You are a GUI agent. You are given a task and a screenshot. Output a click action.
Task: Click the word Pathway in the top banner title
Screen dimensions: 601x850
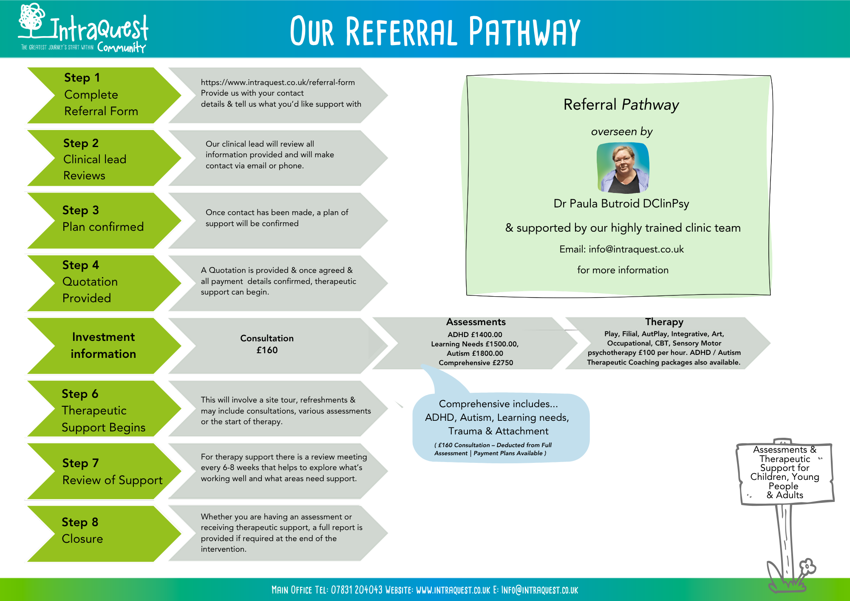pos(524,31)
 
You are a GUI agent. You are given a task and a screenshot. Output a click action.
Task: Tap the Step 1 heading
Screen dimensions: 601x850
pos(82,78)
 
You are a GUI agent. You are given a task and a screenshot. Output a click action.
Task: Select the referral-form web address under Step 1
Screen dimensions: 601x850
pos(278,82)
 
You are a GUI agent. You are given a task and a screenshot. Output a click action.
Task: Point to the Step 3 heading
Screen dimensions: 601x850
pos(80,210)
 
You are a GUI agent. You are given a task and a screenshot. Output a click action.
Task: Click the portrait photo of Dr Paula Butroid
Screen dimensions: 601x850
pos(623,168)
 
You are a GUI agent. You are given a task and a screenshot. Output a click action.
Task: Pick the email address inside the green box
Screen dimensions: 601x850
pos(636,249)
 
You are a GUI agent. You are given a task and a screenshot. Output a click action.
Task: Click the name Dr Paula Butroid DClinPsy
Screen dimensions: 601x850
pos(621,204)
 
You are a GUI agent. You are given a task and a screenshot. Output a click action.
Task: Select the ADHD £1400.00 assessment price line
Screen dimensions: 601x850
pos(475,335)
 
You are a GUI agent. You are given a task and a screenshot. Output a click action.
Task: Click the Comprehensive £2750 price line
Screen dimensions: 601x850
pos(476,363)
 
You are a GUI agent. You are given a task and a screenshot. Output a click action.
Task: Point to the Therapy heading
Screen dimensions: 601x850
pos(664,322)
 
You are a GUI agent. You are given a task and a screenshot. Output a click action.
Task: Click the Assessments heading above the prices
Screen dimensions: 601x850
pos(476,322)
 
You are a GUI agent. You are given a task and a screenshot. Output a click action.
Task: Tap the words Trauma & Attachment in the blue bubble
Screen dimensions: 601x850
pos(498,431)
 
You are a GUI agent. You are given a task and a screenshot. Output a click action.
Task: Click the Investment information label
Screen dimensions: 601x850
pos(103,345)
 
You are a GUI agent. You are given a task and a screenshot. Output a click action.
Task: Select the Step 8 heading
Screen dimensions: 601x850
pos(80,522)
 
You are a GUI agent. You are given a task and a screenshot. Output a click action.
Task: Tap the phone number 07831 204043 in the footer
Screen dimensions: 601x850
pos(357,590)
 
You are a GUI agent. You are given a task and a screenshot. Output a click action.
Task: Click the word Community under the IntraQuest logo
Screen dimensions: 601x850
pos(122,47)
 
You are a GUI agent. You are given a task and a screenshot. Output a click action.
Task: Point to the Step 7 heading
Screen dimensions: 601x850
pos(80,463)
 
